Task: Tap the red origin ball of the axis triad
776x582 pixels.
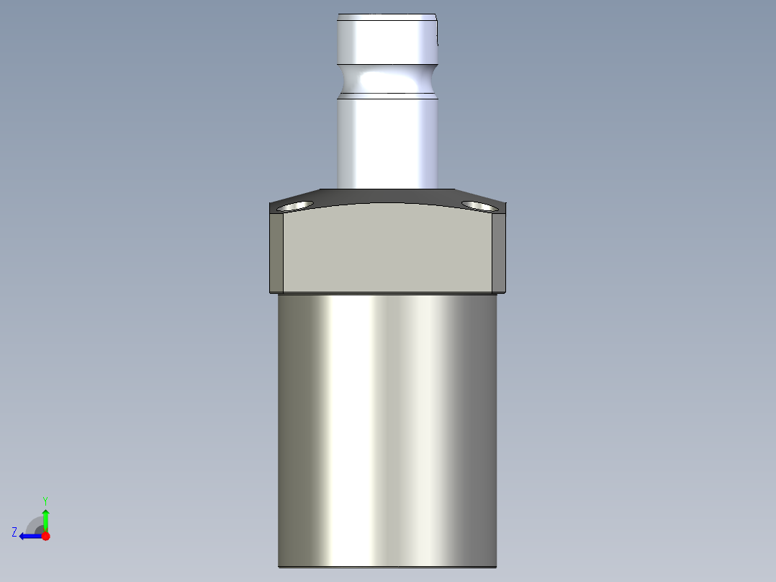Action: [x=45, y=536]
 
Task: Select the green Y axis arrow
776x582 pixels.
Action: [x=45, y=519]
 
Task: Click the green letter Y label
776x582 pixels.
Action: [x=45, y=500]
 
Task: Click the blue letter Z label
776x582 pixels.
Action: [x=14, y=532]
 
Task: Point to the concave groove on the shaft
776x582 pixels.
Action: [x=388, y=78]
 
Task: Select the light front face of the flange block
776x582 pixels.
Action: [x=388, y=249]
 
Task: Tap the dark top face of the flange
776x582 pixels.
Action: [x=389, y=196]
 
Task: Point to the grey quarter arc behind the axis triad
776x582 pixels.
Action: [x=33, y=524]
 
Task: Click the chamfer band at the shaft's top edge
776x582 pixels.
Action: [x=388, y=17]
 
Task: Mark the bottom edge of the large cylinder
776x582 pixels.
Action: [x=388, y=566]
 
